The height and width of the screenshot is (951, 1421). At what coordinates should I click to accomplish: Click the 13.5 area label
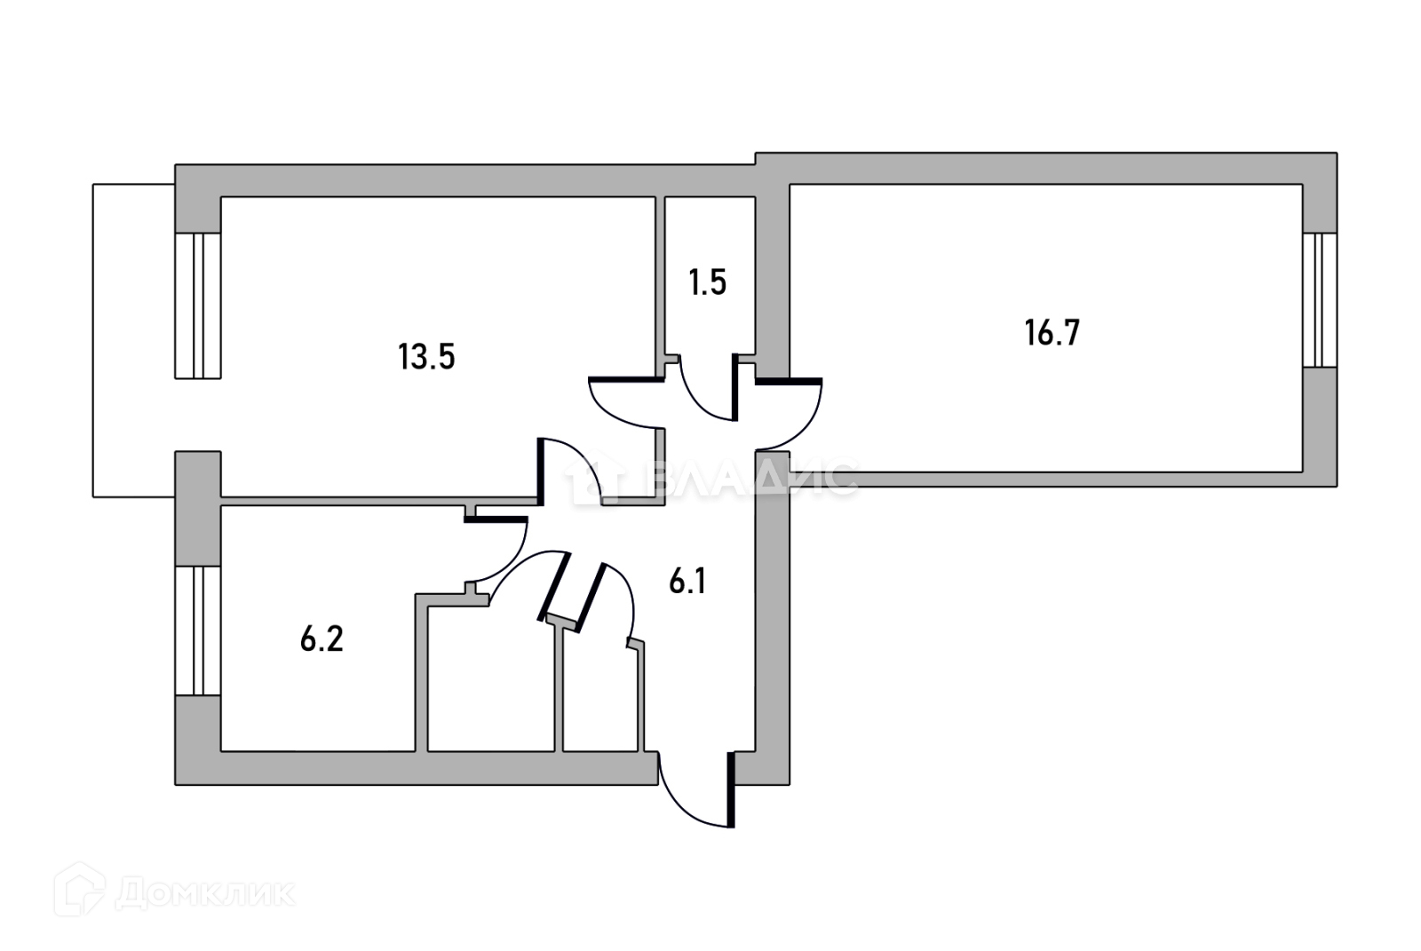(x=426, y=357)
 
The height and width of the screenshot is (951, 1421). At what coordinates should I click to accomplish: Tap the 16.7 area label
(x=1052, y=333)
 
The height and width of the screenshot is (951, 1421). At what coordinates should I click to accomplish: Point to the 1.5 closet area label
(x=707, y=282)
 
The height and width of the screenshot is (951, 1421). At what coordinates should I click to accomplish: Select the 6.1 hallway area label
(x=687, y=582)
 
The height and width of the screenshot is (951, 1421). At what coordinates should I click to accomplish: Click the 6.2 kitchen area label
(x=322, y=638)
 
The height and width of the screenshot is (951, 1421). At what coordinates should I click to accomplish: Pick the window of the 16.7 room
(x=1320, y=300)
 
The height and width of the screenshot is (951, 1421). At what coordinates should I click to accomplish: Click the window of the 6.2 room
(x=197, y=630)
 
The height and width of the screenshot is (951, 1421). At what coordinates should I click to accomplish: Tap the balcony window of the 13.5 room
(x=197, y=305)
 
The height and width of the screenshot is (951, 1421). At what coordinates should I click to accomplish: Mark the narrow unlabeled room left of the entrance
(x=600, y=693)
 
